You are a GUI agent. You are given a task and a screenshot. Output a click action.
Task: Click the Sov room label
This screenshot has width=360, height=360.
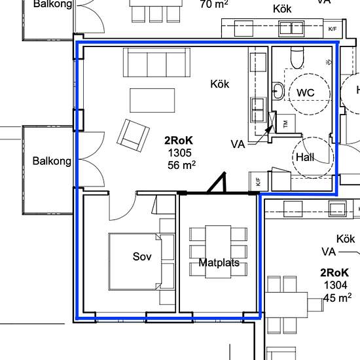pyautogui.click(x=142, y=257)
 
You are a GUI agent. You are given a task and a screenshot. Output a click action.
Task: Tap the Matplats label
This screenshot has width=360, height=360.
pyautogui.click(x=219, y=262)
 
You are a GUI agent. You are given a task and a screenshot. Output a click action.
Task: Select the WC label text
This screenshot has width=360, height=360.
pyautogui.click(x=306, y=93)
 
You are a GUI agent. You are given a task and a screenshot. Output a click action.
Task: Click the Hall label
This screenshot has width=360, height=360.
pyautogui.click(x=305, y=157)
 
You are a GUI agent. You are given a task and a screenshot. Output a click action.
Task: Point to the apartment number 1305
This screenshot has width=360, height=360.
pyautogui.click(x=180, y=153)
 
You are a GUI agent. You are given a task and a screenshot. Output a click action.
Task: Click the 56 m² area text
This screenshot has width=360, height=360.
pyautogui.click(x=181, y=165)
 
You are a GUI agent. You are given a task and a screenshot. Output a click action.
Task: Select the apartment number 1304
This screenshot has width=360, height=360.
pyautogui.click(x=335, y=285)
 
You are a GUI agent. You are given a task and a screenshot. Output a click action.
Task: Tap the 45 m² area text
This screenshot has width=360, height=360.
pyautogui.click(x=337, y=298)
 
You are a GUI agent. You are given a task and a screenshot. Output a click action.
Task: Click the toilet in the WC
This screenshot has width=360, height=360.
pyautogui.click(x=297, y=58)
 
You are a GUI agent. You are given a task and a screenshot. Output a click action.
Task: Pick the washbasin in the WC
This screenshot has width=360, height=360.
pyautogui.click(x=278, y=91)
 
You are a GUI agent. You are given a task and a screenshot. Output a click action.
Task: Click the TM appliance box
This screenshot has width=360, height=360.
pyautogui.click(x=286, y=124)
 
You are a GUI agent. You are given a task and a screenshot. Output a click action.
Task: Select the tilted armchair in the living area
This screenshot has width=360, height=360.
pyautogui.click(x=133, y=135)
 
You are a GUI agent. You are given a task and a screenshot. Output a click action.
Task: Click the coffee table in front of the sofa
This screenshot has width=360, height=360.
pyautogui.click(x=153, y=101)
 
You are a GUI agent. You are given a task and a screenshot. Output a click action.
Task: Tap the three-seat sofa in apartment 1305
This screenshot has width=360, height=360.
pyautogui.click(x=157, y=62)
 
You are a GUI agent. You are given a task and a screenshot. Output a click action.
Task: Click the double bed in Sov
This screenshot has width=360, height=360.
pyautogui.click(x=135, y=262)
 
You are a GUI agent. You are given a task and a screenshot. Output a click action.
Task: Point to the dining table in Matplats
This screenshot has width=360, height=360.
pyautogui.click(x=218, y=252)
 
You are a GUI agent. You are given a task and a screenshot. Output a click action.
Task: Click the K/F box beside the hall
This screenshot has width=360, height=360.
pyautogui.click(x=259, y=181)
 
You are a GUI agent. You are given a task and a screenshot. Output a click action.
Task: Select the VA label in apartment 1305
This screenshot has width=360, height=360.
pyautogui.click(x=238, y=145)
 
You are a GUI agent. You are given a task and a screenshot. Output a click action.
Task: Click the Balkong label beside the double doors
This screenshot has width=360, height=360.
pyautogui.click(x=52, y=161)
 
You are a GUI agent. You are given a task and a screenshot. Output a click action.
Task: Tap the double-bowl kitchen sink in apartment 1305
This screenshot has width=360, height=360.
pyautogui.click(x=258, y=109)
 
